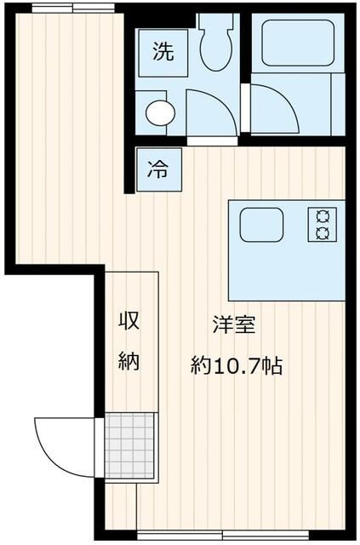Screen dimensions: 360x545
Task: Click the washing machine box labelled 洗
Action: click(163, 53)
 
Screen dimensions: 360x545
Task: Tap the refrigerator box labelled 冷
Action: click(159, 169)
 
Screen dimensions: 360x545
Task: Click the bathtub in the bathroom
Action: click(298, 43)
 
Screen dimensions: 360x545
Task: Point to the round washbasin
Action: click(160, 113)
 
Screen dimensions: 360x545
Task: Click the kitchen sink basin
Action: click(261, 225)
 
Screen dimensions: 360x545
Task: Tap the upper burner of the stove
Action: click(322, 217)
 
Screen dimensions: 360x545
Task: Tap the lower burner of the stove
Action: click(322, 233)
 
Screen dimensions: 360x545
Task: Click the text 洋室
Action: click(235, 324)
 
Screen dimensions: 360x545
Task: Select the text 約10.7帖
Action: click(237, 365)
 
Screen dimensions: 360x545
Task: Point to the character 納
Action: click(129, 361)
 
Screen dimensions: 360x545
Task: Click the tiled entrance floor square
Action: click(129, 445)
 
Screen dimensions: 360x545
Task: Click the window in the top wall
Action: click(73, 8)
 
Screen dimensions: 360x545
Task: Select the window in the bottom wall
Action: click(223, 536)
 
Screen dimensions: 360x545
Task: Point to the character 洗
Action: click(163, 52)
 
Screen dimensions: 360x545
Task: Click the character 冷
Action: click(158, 169)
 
